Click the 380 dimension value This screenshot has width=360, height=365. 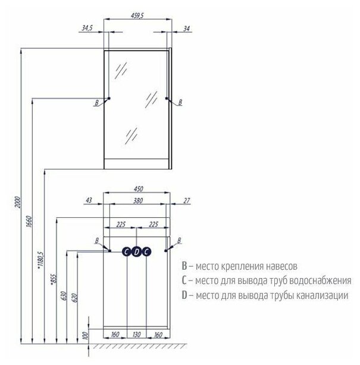[136, 201]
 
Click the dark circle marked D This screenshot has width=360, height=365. [136, 251]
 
